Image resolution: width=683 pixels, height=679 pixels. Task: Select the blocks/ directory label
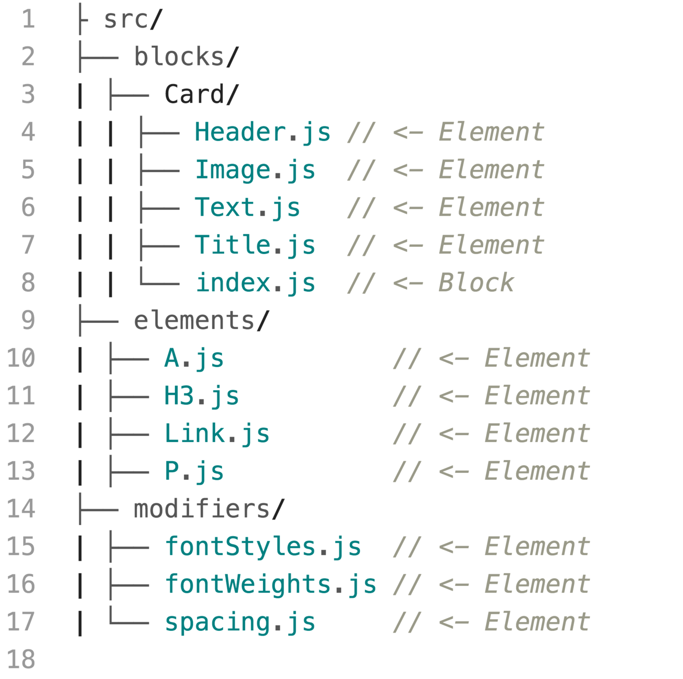click(186, 57)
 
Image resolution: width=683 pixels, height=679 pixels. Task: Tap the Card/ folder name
click(201, 95)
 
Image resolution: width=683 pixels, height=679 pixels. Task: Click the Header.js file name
click(262, 132)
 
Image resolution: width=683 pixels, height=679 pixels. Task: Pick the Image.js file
click(255, 170)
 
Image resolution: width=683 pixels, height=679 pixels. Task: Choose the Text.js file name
click(247, 208)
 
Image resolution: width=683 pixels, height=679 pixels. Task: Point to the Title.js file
click(255, 245)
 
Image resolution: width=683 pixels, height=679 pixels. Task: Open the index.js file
click(255, 283)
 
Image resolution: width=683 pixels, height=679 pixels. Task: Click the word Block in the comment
click(476, 283)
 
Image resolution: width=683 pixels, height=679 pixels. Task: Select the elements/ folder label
click(202, 321)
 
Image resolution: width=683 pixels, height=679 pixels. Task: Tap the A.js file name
click(194, 359)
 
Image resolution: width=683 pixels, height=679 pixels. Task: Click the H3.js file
click(202, 396)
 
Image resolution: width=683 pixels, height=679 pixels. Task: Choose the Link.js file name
click(217, 434)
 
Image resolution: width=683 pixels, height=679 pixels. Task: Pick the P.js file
click(194, 471)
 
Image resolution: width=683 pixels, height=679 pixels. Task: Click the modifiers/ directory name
click(209, 509)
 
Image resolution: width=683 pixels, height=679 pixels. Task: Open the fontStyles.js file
click(263, 547)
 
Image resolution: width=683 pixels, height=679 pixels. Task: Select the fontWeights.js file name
click(270, 584)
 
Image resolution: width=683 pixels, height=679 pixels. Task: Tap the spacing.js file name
click(240, 622)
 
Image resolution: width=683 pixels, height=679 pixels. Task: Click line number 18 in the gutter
click(21, 659)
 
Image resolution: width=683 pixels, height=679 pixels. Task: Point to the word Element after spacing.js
click(537, 622)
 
